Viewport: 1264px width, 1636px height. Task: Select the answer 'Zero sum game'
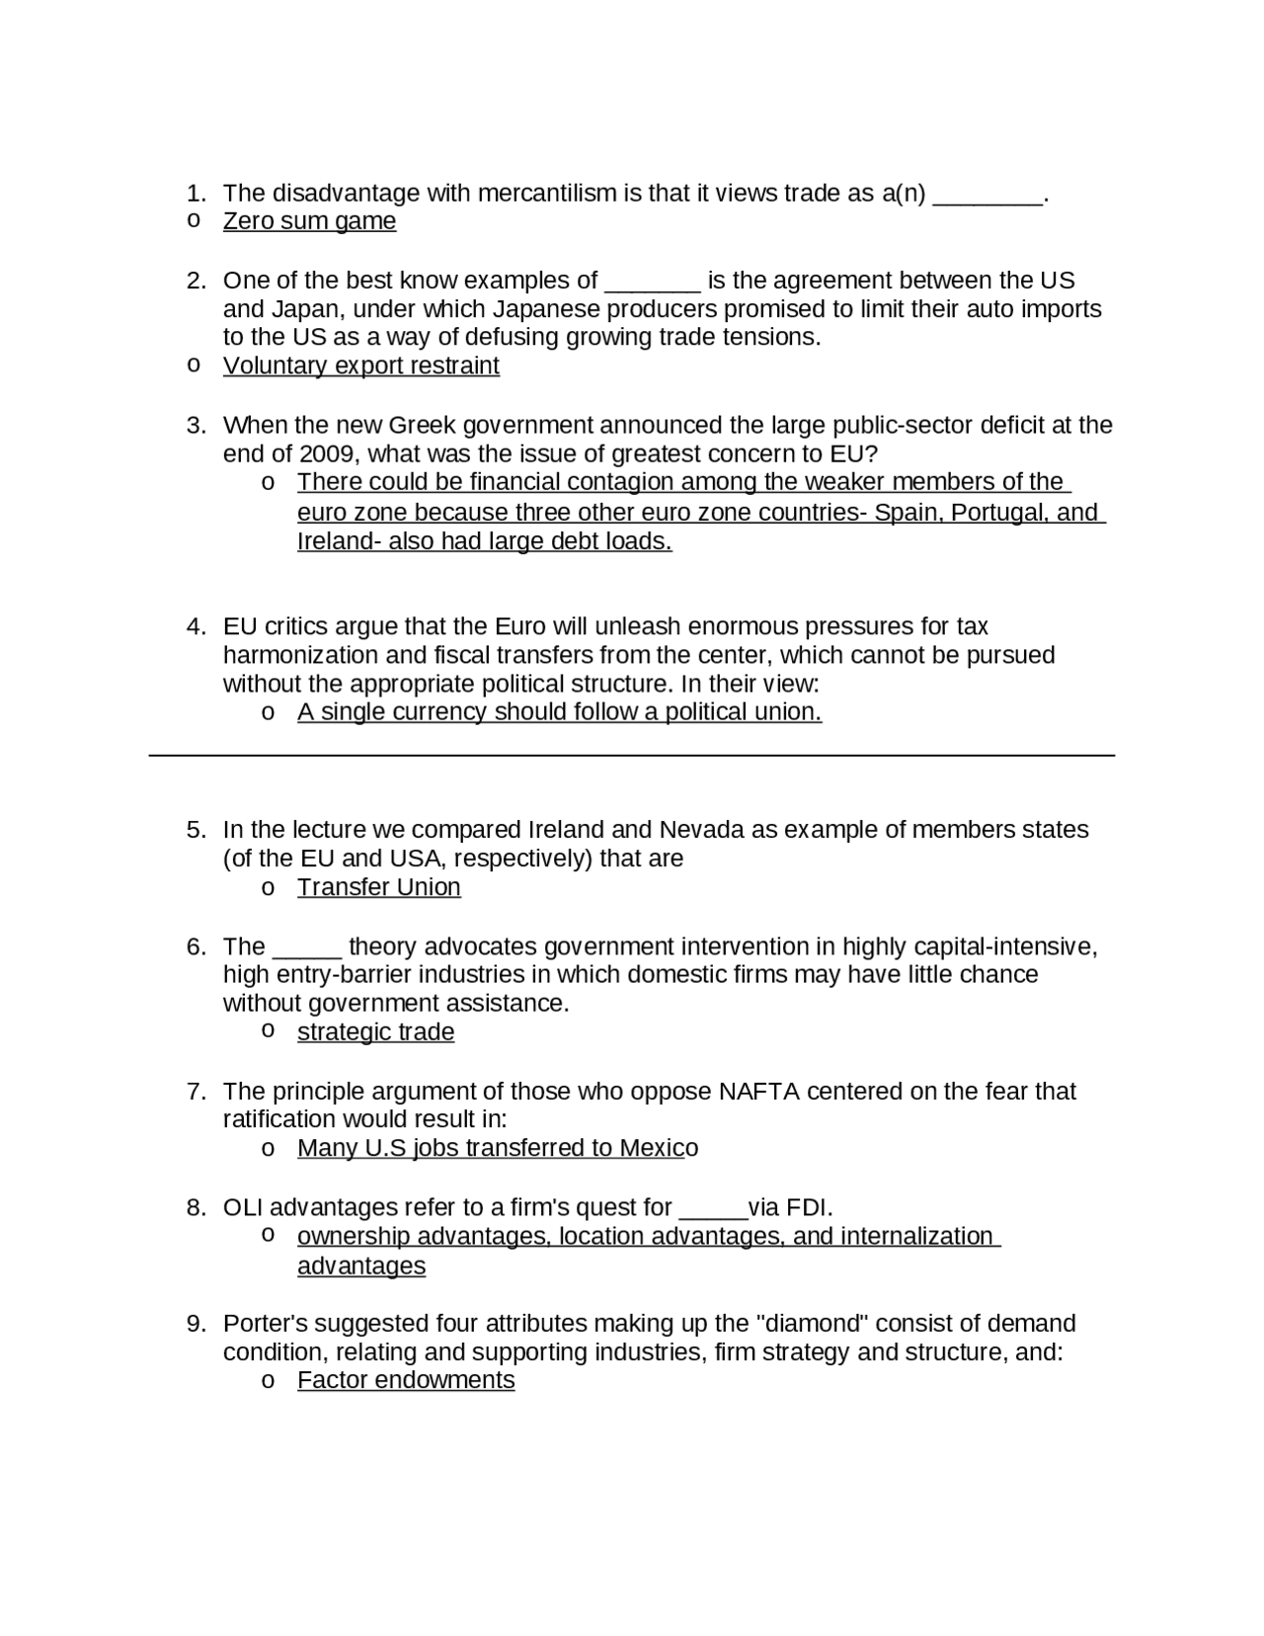(309, 221)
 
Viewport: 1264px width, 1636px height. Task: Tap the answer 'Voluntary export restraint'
(360, 366)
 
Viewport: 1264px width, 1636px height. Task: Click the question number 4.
(196, 626)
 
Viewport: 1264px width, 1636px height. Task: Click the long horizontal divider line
(632, 756)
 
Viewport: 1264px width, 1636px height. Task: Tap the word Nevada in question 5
(700, 829)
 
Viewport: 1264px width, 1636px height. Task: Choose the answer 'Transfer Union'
(378, 887)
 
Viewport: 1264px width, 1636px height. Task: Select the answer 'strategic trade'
(375, 1032)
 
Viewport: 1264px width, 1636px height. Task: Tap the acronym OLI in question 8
(243, 1207)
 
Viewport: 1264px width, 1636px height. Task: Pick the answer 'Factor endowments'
(406, 1380)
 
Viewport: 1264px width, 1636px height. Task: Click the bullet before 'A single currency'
(267, 712)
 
